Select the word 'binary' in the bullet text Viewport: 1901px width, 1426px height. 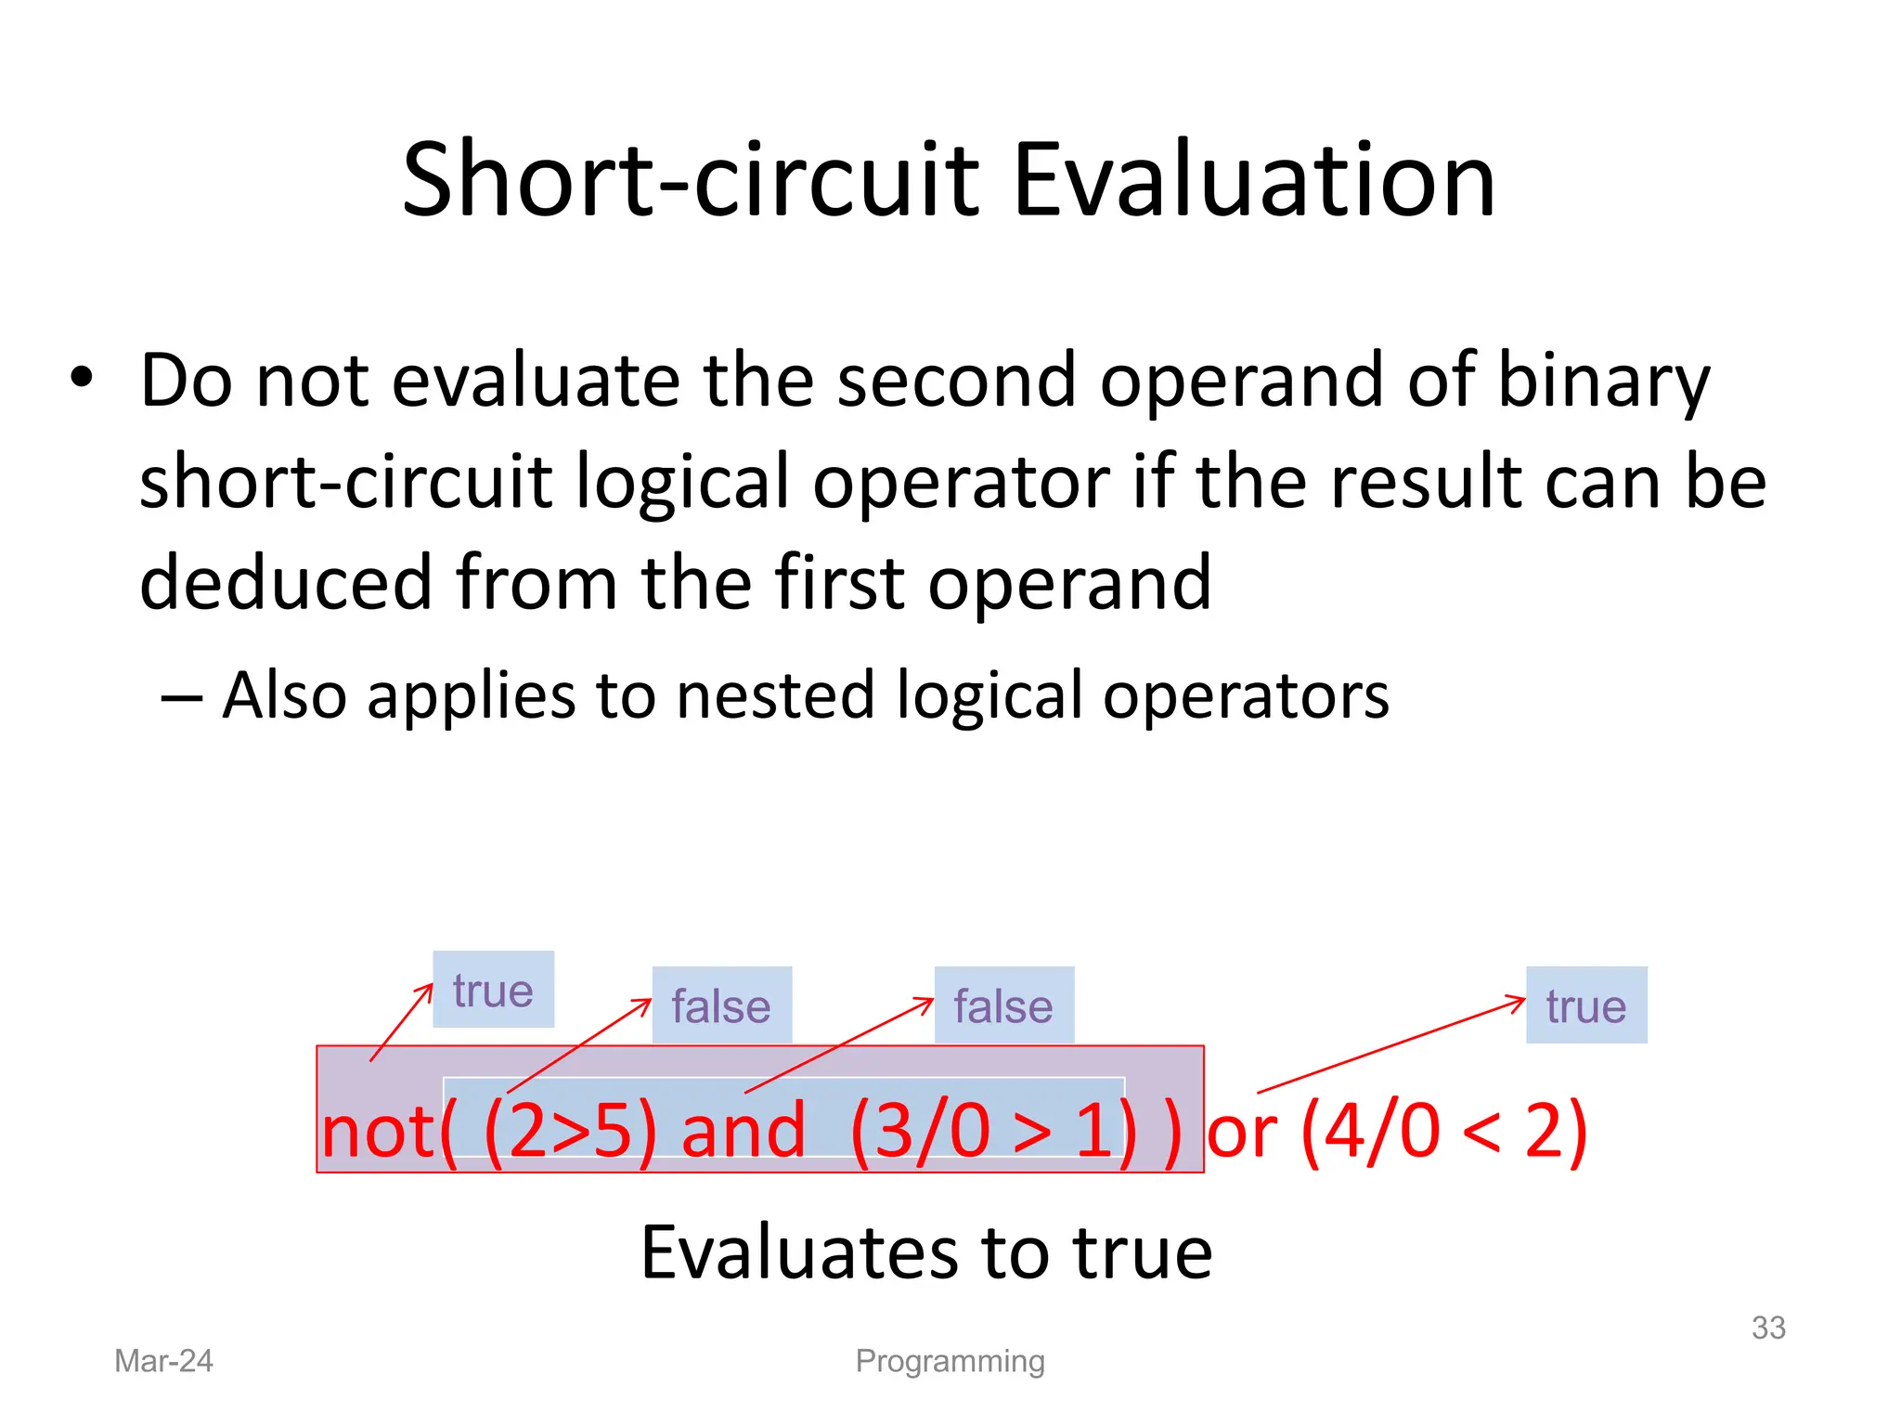pyautogui.click(x=1604, y=381)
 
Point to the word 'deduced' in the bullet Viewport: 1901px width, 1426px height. pyautogui.click(x=286, y=583)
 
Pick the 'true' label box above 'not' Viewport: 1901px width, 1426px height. pyautogui.click(x=493, y=990)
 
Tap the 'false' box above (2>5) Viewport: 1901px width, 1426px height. pyautogui.click(x=721, y=1005)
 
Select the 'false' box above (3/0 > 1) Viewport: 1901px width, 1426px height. pyautogui.click(x=1003, y=1005)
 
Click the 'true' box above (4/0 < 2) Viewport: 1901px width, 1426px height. pyautogui.click(x=1586, y=1005)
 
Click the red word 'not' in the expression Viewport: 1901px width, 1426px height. pyautogui.click(x=377, y=1132)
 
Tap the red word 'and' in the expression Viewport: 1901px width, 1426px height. pyautogui.click(x=744, y=1132)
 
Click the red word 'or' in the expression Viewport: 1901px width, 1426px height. pyautogui.click(x=1242, y=1134)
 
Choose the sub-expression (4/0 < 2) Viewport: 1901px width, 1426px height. pyautogui.click(x=1444, y=1132)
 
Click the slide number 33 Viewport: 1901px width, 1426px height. pyautogui.click(x=1768, y=1328)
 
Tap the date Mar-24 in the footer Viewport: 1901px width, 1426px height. pyautogui.click(x=163, y=1361)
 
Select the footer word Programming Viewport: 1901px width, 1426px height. pyautogui.click(x=950, y=1361)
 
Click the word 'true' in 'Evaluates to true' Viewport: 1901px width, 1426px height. pyautogui.click(x=1143, y=1252)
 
